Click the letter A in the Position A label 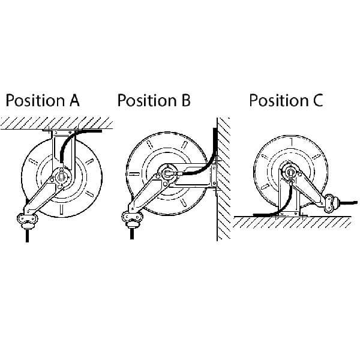[74, 101]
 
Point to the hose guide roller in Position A [28, 221]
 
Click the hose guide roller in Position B [132, 219]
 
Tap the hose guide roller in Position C [331, 203]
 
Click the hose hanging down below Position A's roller [28, 235]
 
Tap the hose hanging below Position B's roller [132, 233]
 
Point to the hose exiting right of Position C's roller [348, 203]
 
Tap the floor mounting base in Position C [289, 214]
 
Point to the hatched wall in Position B [223, 179]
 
